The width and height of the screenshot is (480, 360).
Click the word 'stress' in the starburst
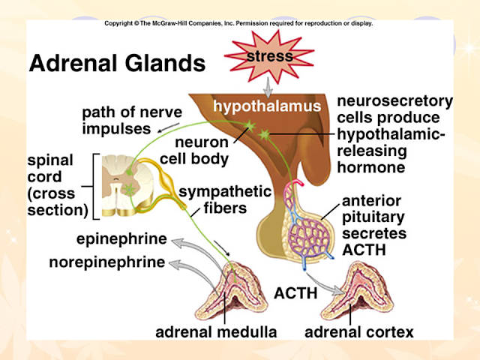[x=270, y=56]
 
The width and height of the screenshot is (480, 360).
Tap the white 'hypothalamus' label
[x=267, y=106]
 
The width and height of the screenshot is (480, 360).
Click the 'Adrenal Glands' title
[x=117, y=63]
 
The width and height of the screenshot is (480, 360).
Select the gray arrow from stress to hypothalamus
[x=268, y=87]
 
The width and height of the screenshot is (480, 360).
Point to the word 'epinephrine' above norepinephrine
[x=121, y=239]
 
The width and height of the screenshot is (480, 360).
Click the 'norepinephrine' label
[x=107, y=262]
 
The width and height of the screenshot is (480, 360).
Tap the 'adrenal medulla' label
[x=216, y=332]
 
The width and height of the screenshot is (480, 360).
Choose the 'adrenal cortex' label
[x=359, y=332]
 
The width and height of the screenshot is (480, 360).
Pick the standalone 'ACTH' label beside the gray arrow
[x=295, y=293]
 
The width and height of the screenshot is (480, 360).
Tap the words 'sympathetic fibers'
[x=225, y=200]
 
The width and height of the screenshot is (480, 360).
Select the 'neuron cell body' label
[x=194, y=151]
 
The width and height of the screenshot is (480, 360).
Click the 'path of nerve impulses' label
[x=132, y=120]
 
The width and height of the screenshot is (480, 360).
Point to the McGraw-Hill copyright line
[x=238, y=23]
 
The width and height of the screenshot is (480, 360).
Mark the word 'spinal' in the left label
[x=50, y=160]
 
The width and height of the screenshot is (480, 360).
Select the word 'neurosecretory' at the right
[x=395, y=101]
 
